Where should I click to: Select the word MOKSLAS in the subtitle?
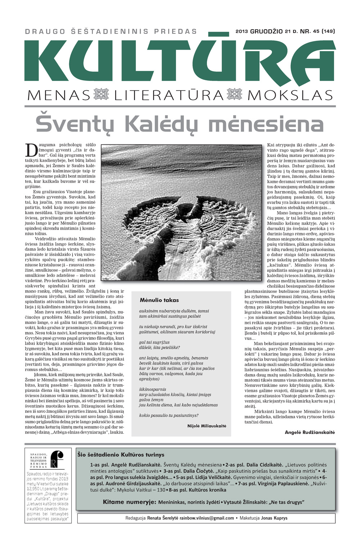pyautogui.click(x=290, y=95)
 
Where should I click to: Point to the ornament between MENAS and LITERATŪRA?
pyautogui.click(x=101, y=95)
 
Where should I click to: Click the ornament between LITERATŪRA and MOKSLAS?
pyautogui.click(x=235, y=95)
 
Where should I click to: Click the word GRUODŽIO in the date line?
pyautogui.click(x=266, y=31)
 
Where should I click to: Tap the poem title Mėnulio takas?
pyautogui.click(x=159, y=300)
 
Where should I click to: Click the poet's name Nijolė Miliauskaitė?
pyautogui.click(x=207, y=426)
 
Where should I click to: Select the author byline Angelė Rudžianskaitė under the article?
pyautogui.click(x=310, y=432)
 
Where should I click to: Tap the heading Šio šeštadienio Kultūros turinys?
pyautogui.click(x=121, y=455)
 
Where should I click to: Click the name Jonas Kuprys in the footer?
pyautogui.click(x=274, y=518)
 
